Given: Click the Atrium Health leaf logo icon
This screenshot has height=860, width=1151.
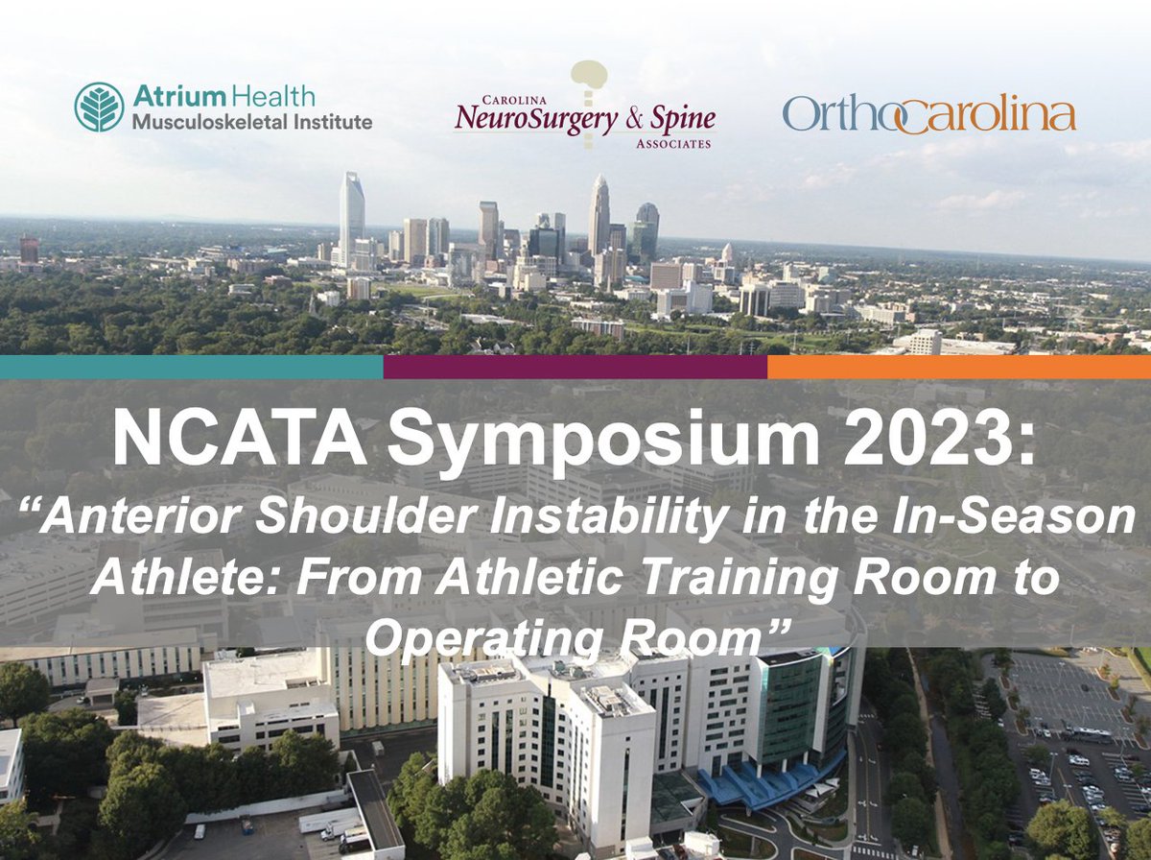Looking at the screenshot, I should tap(99, 107).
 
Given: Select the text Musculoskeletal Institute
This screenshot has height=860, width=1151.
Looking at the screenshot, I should tap(252, 122).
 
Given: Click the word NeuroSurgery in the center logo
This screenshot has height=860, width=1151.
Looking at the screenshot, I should tap(524, 120).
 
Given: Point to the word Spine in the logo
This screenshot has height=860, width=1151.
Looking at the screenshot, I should tap(683, 121).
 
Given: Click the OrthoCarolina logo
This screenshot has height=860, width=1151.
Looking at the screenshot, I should tap(928, 114).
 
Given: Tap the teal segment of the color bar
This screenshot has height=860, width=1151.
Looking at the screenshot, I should tap(192, 367).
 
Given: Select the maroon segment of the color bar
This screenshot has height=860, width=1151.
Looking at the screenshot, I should tap(575, 367).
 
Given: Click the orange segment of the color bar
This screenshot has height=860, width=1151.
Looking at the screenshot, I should tap(959, 367).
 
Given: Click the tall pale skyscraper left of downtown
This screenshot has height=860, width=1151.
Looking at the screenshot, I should tap(351, 216).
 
